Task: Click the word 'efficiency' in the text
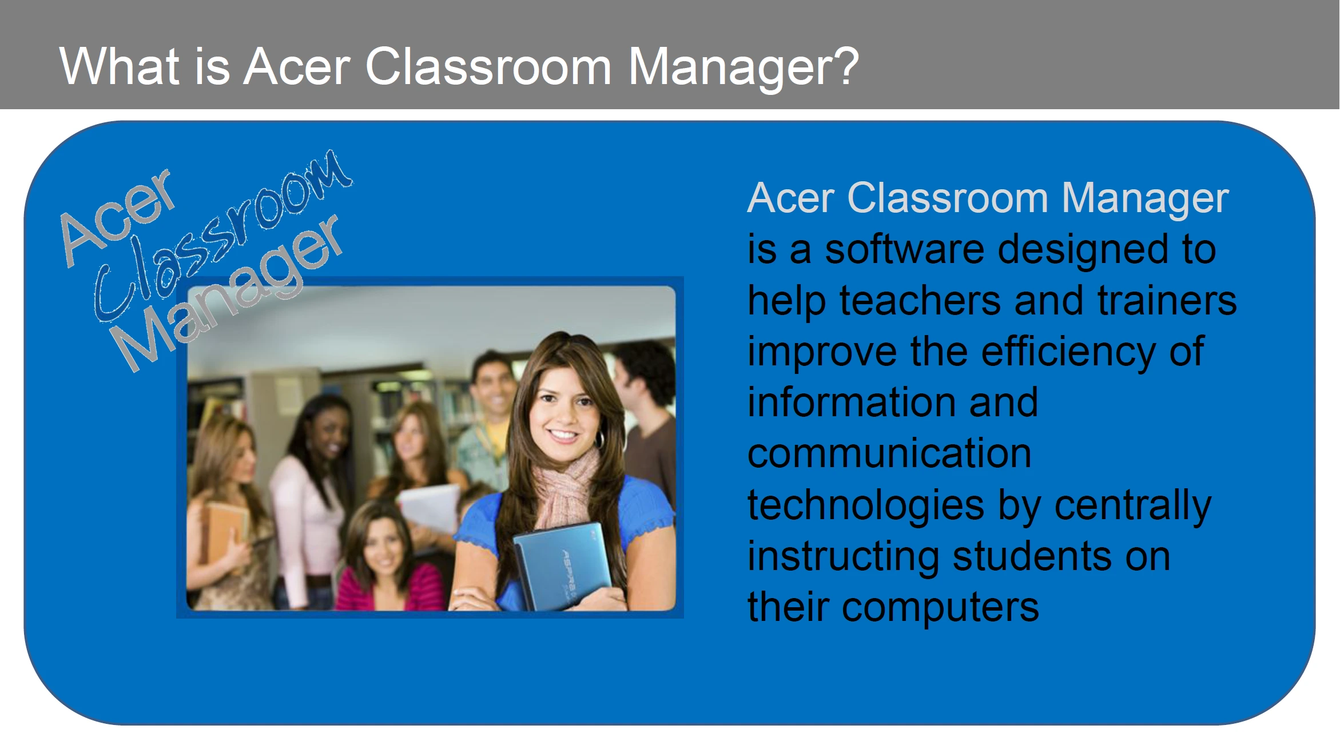pyautogui.click(x=1068, y=352)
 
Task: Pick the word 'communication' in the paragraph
pyautogui.click(x=889, y=453)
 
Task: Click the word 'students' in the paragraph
pyautogui.click(x=1032, y=556)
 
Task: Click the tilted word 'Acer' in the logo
pyautogui.click(x=118, y=217)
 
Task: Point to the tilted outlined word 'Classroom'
pyautogui.click(x=223, y=234)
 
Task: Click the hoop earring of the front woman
pyautogui.click(x=600, y=439)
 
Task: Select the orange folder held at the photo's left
pyautogui.click(x=226, y=535)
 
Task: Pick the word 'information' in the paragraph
pyautogui.click(x=893, y=403)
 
